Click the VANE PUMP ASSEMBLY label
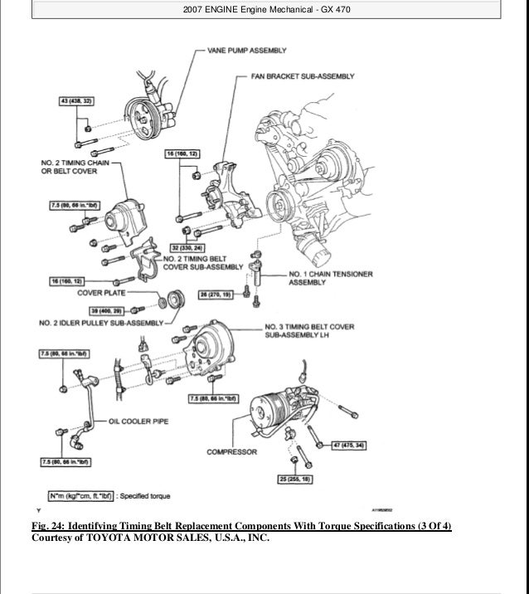click(x=247, y=51)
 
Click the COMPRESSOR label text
click(x=231, y=452)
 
